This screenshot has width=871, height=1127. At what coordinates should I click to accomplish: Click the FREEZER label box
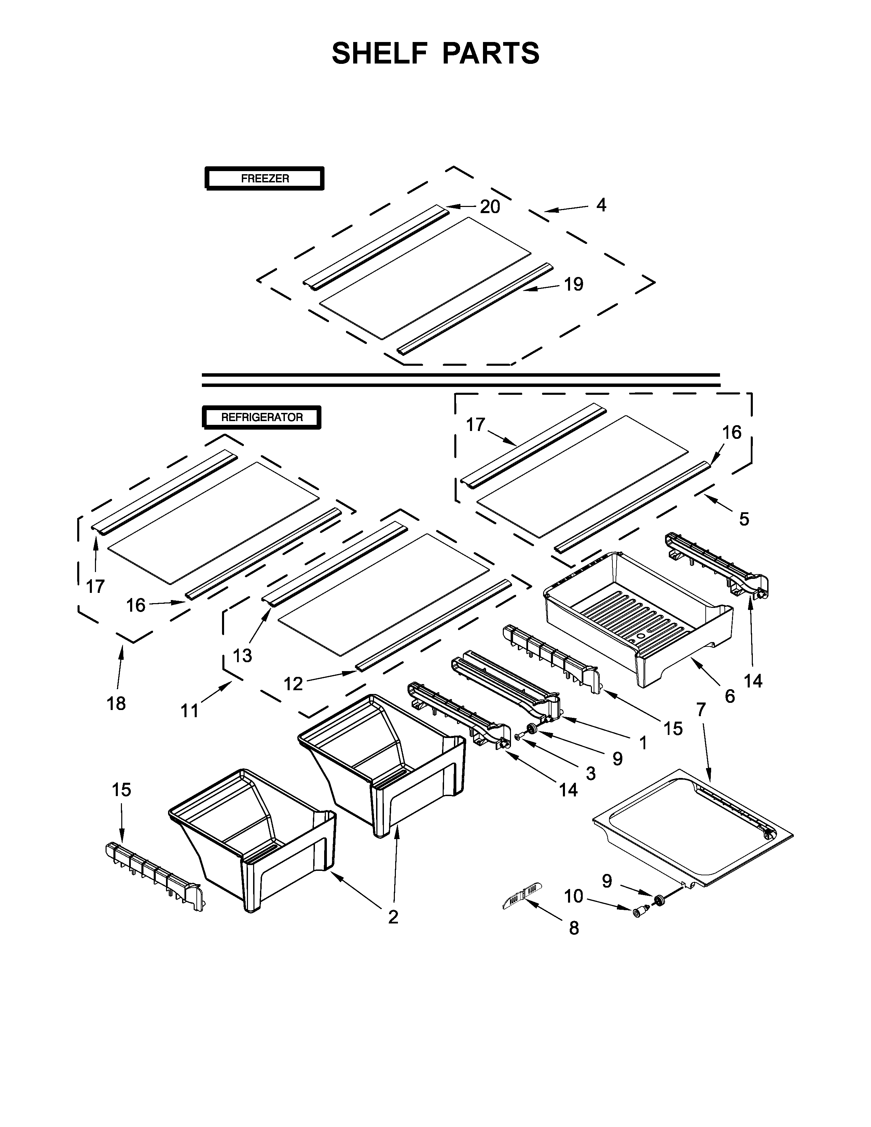265,179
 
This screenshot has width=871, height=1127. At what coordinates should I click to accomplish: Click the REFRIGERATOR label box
262,417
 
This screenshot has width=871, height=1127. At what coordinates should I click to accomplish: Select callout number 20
490,207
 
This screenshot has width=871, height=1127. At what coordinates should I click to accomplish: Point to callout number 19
573,284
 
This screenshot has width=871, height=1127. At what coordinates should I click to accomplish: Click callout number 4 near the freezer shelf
601,205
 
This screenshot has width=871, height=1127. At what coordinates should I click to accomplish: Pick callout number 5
744,519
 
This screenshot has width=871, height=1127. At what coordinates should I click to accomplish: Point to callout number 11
189,711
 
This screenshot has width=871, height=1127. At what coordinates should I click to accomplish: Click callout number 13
243,656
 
